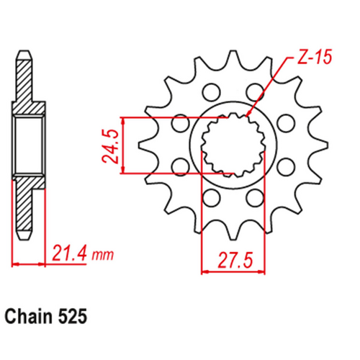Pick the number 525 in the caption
pyautogui.click(x=75, y=315)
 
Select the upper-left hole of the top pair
pyautogui.click(x=210, y=91)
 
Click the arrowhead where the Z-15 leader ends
pyautogui.click(x=246, y=116)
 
